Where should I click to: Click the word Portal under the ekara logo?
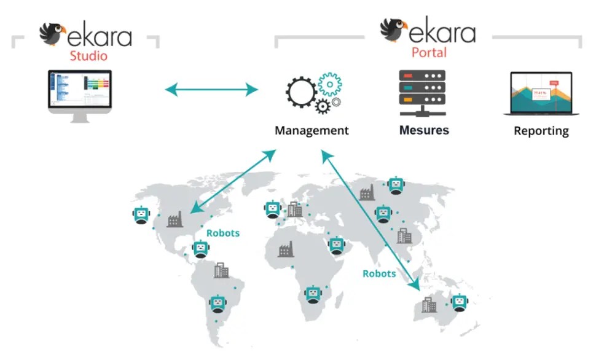(429, 52)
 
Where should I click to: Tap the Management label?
(312, 130)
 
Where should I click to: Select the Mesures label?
(424, 130)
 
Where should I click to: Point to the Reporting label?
(541, 131)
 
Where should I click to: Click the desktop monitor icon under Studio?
(80, 96)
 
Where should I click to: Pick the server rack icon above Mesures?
(422, 93)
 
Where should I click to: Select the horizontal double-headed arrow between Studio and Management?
(211, 90)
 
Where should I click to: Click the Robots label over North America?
(223, 233)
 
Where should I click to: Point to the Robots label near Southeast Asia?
(379, 273)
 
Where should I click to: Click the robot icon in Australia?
(458, 302)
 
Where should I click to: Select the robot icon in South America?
(217, 303)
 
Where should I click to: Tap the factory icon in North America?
(175, 219)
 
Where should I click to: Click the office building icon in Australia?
(429, 303)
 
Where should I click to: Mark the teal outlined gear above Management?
(331, 84)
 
